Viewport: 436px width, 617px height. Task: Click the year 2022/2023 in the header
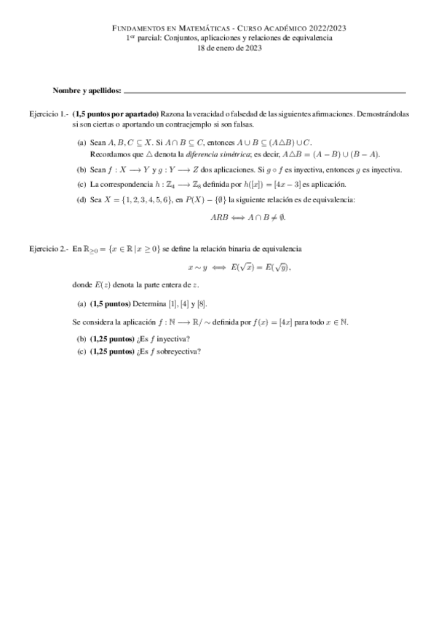325,28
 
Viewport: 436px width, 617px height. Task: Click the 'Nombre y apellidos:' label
87,92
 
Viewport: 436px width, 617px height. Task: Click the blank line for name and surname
265,92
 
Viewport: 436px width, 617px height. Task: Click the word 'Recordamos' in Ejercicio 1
108,154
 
